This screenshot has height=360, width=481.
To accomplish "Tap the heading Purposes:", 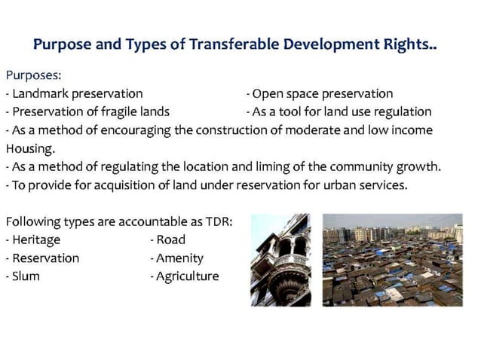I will click(x=33, y=76).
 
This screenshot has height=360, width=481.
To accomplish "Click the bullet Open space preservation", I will click(x=322, y=94).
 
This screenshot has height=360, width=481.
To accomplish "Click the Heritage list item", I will click(x=35, y=239).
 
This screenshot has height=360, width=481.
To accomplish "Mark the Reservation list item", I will click(x=44, y=258).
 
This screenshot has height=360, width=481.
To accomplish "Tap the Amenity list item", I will click(x=179, y=258).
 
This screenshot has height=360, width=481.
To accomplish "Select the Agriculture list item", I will click(x=187, y=276).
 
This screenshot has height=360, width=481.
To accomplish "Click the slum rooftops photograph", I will click(x=392, y=260).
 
